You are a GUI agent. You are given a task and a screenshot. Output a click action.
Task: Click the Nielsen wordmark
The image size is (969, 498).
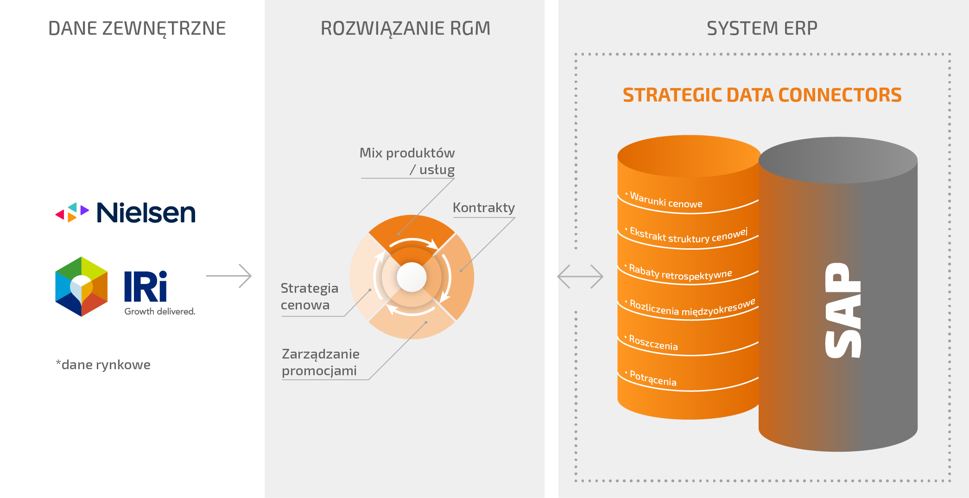point(146,213)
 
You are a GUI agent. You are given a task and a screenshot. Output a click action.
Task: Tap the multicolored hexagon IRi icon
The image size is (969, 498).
point(82,287)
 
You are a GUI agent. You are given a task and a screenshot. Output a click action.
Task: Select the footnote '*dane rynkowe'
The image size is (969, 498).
point(103,365)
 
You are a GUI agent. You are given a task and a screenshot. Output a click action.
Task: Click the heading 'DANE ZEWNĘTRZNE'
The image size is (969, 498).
point(137,28)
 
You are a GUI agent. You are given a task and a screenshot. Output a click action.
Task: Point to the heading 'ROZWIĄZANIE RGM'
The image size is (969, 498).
point(405,28)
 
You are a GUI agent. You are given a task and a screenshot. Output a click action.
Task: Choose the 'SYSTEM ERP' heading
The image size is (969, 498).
point(762,28)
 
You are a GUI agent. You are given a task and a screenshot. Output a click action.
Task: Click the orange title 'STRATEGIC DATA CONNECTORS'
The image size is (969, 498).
point(762,95)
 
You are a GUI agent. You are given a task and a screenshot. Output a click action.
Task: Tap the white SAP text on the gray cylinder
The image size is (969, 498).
point(843,310)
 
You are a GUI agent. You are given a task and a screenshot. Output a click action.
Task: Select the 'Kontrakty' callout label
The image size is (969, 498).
point(484,208)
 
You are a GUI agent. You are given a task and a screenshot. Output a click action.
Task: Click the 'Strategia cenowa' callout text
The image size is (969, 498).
point(310,296)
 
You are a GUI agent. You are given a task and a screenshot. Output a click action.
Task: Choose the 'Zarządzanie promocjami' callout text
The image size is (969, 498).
point(321,362)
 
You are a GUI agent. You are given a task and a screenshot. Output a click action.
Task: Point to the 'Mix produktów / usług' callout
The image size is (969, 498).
point(407,161)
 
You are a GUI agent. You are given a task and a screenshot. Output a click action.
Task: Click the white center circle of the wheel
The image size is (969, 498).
point(412,277)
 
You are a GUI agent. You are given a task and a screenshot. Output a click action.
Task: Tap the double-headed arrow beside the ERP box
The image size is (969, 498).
point(580,277)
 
